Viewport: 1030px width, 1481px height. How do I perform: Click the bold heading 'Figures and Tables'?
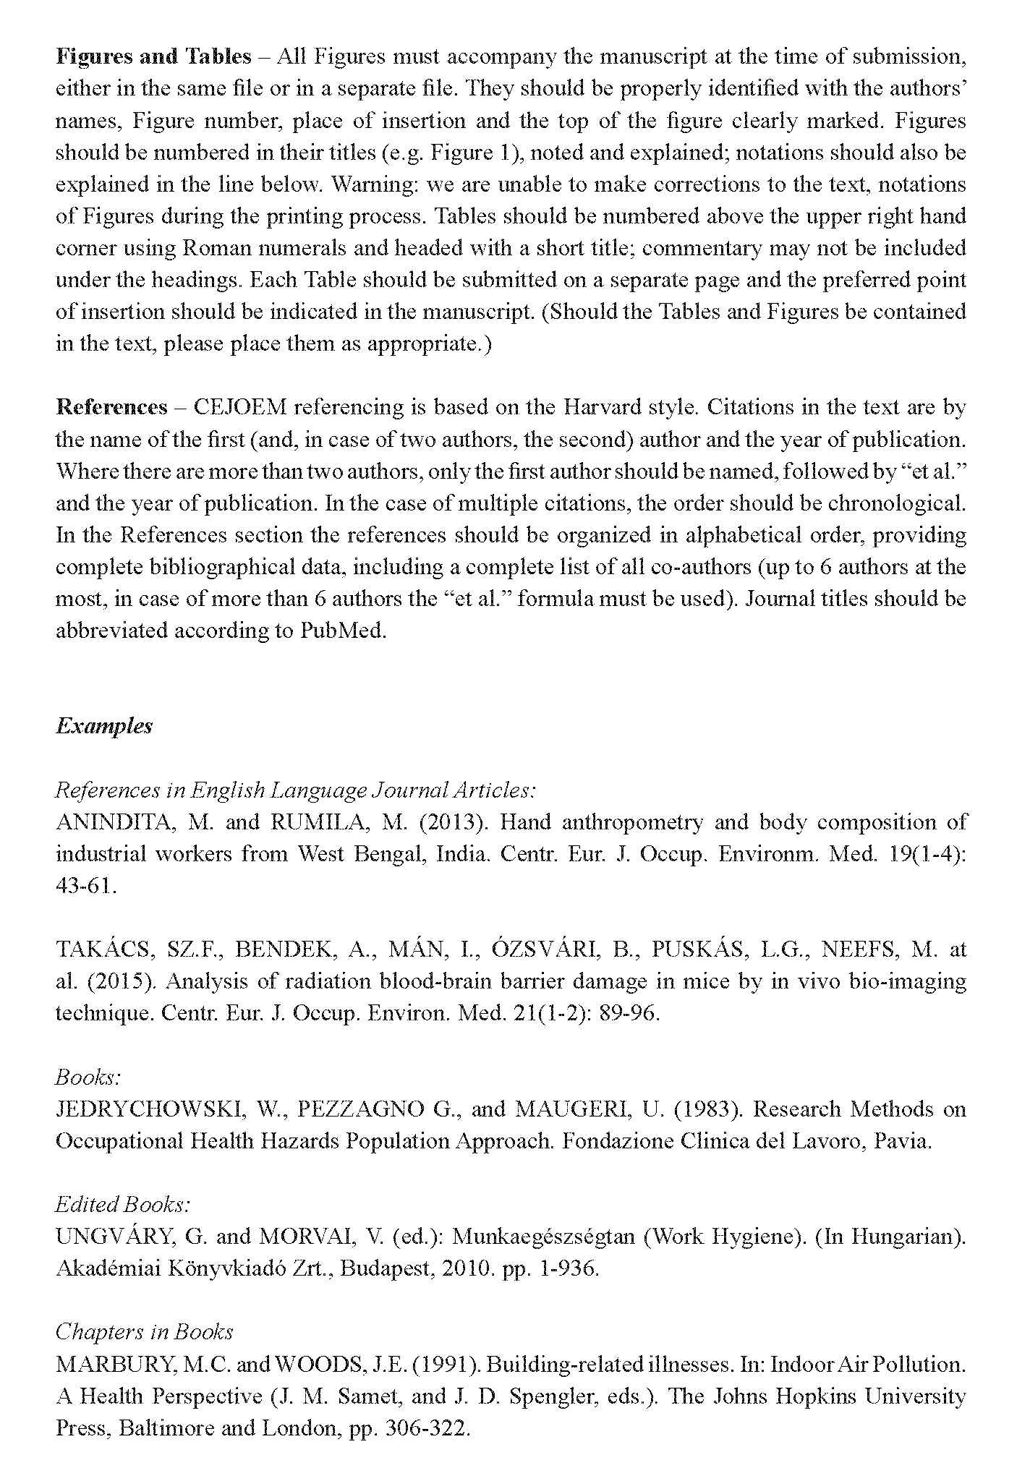tap(153, 56)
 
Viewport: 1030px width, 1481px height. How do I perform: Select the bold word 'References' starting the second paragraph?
tap(111, 407)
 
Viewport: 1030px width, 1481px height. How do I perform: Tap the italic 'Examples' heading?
tap(104, 725)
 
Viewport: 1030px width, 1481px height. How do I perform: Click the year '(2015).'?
tap(119, 981)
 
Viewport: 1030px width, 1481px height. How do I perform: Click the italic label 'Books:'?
tap(88, 1077)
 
